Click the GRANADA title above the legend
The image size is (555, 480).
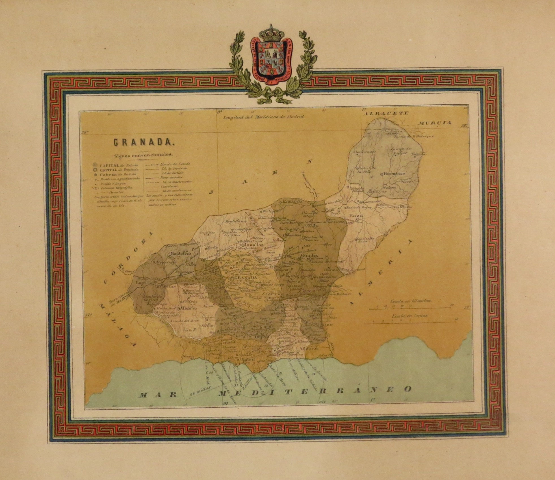[143, 142]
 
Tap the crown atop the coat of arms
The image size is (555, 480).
[271, 33]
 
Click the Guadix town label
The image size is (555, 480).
[310, 256]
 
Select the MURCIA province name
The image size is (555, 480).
[435, 123]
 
